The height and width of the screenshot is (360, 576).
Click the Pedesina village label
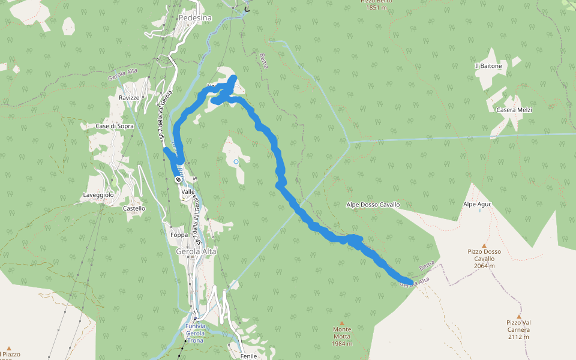pos(195,18)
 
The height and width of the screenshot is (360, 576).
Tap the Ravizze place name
pos(129,98)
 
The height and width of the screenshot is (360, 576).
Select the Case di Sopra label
pos(115,127)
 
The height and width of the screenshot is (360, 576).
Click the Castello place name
pos(134,209)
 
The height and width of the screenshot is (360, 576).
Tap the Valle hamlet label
pos(188,191)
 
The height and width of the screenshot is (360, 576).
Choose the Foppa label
pos(179,235)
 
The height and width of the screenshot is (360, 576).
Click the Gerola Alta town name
pos(196,251)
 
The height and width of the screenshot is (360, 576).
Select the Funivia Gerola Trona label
pos(196,334)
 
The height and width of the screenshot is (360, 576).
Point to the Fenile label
pos(248,356)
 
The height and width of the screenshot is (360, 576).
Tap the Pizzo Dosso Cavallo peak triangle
pos(484,245)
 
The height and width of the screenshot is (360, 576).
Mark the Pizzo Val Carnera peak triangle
pos(519,316)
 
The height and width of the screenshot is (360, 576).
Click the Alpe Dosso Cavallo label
pos(373,205)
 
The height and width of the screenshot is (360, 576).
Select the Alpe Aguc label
pos(477,205)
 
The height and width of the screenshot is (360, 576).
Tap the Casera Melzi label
pos(514,110)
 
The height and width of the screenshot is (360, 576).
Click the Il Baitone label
pos(488,66)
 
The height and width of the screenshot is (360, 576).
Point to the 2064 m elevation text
pos(484,266)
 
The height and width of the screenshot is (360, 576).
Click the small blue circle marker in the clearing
pos(236,161)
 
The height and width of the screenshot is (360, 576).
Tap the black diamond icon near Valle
pos(178,179)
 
